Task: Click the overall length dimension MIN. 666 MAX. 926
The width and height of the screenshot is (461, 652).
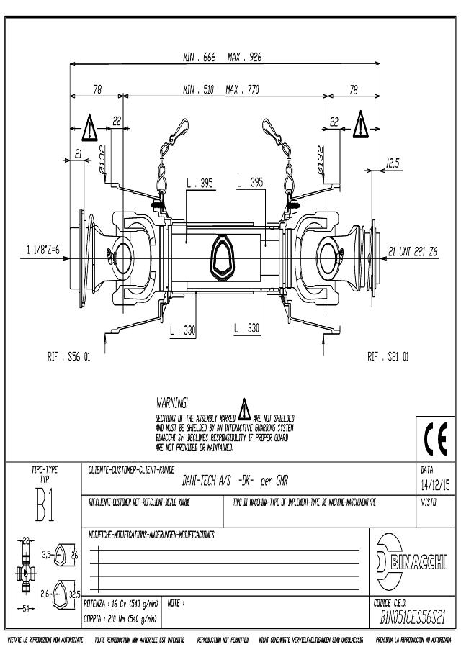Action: [x=222, y=56]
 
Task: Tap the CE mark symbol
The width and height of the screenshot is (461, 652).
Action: [x=436, y=438]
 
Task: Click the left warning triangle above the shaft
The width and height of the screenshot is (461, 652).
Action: [x=88, y=128]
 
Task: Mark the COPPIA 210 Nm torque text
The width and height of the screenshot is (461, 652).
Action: [x=121, y=617]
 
